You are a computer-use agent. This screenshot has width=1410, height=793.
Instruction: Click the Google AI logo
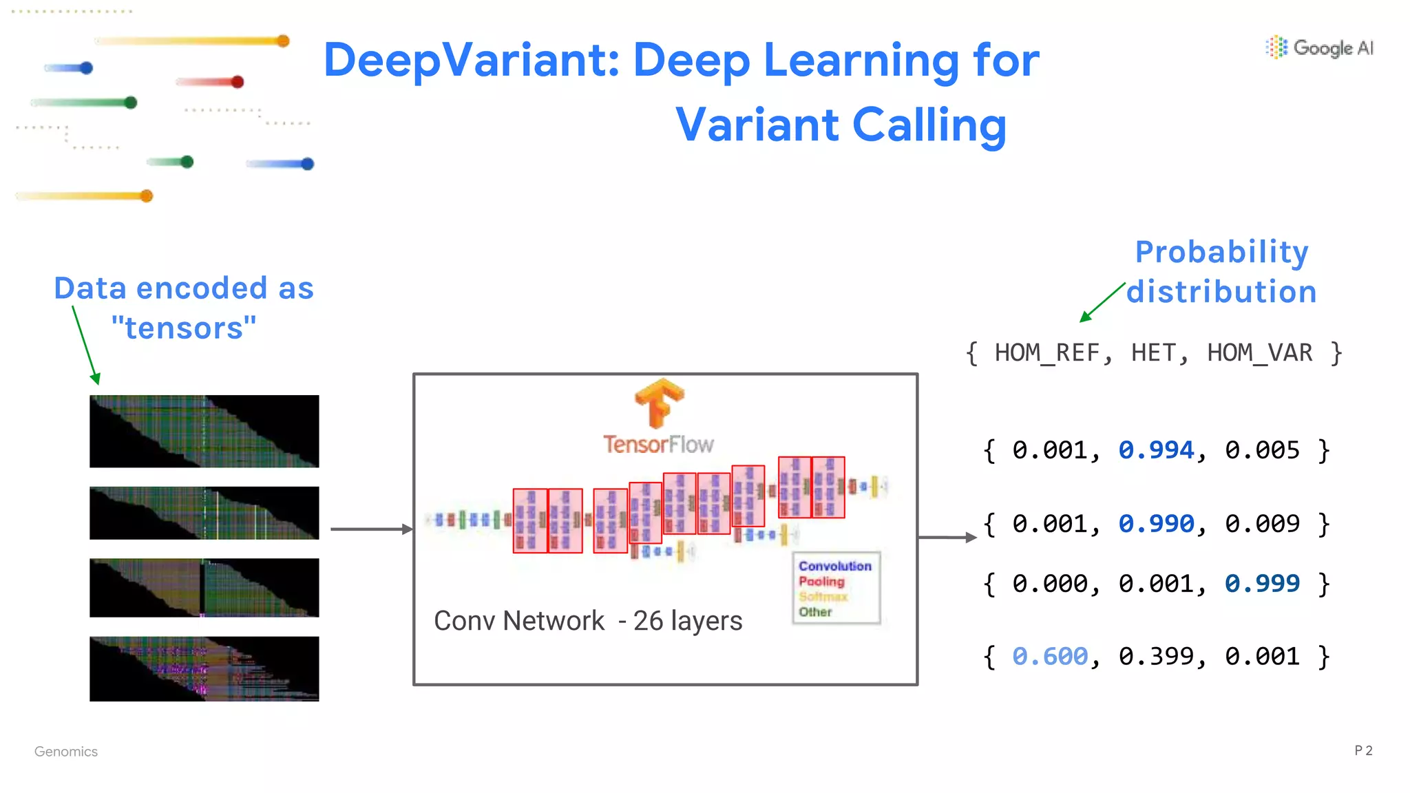point(1319,47)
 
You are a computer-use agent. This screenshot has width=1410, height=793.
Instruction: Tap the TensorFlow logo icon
point(659,403)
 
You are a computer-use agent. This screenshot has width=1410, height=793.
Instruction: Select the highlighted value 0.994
point(1156,450)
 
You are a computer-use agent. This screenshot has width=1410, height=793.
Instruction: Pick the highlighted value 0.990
point(1156,524)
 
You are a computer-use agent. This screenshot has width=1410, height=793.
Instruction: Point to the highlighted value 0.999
point(1262,584)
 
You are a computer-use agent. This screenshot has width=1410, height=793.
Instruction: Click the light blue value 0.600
point(1050,657)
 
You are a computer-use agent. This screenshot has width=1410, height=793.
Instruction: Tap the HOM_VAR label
point(1259,353)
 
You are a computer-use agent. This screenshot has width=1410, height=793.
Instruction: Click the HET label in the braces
point(1153,353)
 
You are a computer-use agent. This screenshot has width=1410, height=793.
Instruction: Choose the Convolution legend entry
point(834,566)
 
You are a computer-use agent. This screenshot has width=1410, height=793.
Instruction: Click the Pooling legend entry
point(821,582)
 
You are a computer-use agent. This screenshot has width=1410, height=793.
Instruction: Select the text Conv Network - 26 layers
point(588,621)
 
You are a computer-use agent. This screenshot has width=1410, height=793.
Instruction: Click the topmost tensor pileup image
point(204,432)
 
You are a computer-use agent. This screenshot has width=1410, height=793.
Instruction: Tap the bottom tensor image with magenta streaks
point(204,669)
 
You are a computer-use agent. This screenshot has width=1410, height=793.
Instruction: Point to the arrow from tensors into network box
point(372,529)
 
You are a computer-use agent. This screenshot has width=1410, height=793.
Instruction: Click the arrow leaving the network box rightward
point(947,538)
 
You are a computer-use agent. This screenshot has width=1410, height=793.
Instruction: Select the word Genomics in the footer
point(66,752)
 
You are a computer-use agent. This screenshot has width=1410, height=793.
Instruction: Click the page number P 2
point(1362,750)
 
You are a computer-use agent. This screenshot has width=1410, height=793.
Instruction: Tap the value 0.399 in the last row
point(1156,657)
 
